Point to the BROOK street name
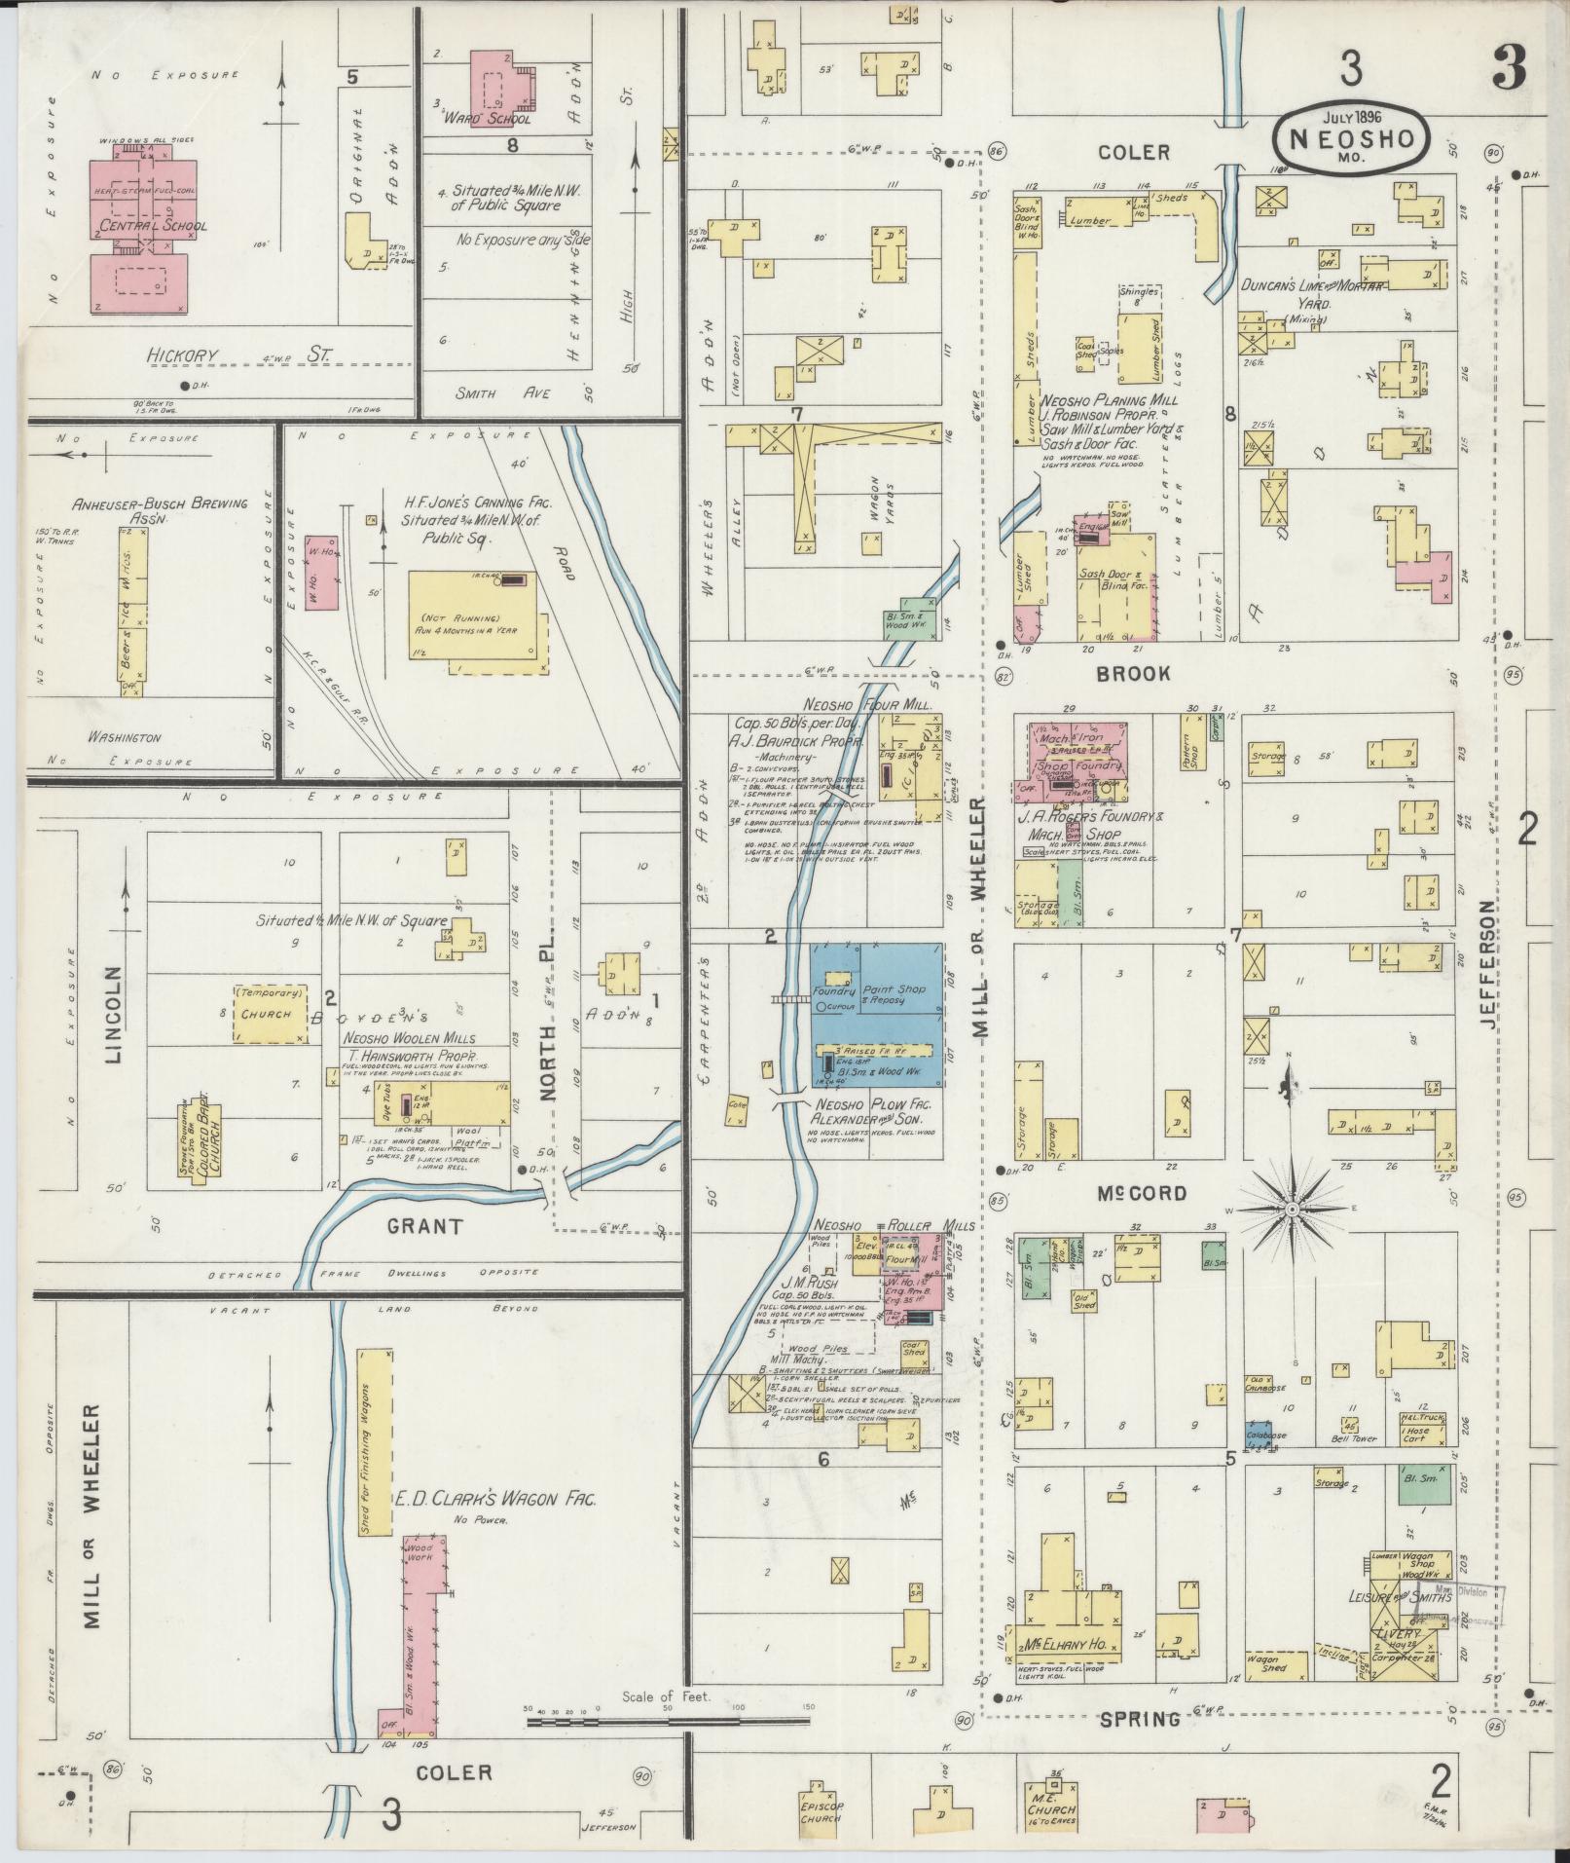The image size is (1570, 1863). pyautogui.click(x=1133, y=674)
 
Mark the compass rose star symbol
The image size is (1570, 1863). pyautogui.click(x=1292, y=1210)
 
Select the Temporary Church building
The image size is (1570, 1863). pyautogui.click(x=268, y=1013)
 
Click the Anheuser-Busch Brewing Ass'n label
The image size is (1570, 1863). pyautogui.click(x=159, y=510)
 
